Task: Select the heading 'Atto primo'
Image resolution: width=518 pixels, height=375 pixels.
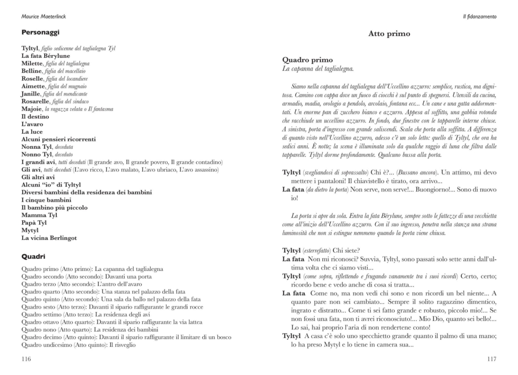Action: pos(389,34)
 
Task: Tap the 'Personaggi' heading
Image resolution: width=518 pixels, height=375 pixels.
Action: pos(40,33)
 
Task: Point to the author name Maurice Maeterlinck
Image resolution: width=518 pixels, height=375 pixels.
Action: pos(44,17)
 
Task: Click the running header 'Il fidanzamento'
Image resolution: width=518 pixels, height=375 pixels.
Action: pos(480,17)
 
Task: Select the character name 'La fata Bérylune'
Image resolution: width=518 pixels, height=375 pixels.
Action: pos(45,56)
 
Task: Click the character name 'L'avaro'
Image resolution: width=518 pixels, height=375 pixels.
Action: pos(32,124)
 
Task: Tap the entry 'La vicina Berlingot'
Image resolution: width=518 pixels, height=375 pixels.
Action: pos(52,238)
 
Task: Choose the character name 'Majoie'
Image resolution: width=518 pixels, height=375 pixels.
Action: pos(32,109)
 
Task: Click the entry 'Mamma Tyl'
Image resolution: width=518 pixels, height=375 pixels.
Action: pos(39,215)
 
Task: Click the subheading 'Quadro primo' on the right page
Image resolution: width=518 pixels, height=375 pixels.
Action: pos(308,60)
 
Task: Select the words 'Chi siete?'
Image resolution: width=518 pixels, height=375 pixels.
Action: pos(347,251)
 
